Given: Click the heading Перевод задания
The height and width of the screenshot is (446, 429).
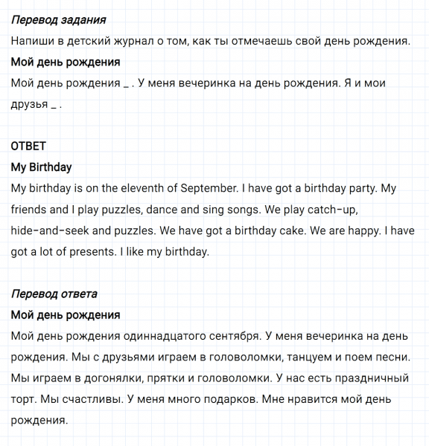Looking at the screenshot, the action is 59,20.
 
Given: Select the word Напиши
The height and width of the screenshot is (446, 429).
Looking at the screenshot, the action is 33,41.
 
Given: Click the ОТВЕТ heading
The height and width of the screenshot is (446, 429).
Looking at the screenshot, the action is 28,146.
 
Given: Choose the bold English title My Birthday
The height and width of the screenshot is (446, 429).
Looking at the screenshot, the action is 42,167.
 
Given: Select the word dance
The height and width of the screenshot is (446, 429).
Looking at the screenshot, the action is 156,210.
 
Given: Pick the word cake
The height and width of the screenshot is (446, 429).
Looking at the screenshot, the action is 293,231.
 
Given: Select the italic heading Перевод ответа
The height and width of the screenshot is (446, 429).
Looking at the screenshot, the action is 54,294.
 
